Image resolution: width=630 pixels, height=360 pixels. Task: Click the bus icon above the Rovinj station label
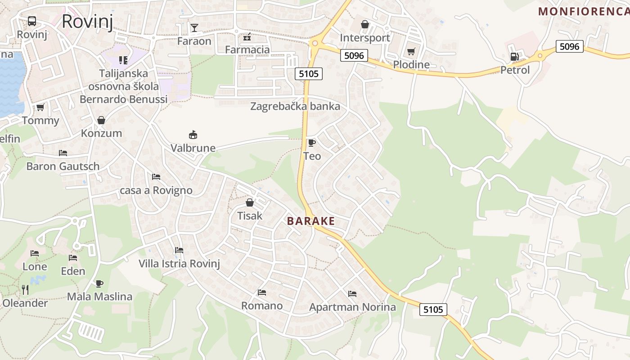(x=32, y=21)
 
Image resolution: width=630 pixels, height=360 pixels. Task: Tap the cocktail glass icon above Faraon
(x=194, y=28)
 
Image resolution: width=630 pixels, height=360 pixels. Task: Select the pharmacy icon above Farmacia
(x=247, y=36)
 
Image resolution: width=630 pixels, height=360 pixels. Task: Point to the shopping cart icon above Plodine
(x=411, y=52)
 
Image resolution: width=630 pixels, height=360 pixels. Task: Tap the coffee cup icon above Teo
(x=311, y=143)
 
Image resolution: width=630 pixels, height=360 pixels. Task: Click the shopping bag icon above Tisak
(x=250, y=202)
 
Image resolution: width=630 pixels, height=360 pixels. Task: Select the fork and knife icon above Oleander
(x=25, y=290)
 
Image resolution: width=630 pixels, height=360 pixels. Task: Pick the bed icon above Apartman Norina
(x=352, y=294)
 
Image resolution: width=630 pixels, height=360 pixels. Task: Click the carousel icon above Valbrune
(x=193, y=135)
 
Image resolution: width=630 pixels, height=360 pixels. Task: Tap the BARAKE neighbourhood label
(x=311, y=221)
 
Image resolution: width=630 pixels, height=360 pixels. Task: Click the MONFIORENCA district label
(x=584, y=12)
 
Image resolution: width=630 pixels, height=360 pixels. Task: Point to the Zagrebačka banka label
(x=295, y=107)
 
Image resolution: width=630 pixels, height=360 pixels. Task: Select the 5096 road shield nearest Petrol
(x=569, y=46)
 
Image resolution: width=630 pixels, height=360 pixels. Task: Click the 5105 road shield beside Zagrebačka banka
(x=309, y=73)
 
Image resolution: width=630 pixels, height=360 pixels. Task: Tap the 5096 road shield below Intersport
(x=354, y=55)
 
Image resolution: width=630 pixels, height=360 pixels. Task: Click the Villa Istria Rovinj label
(x=179, y=263)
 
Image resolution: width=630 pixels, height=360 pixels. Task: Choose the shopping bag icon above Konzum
(x=101, y=120)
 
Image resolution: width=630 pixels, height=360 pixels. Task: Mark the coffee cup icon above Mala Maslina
(x=99, y=283)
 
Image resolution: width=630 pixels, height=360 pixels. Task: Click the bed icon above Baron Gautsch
(x=63, y=153)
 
